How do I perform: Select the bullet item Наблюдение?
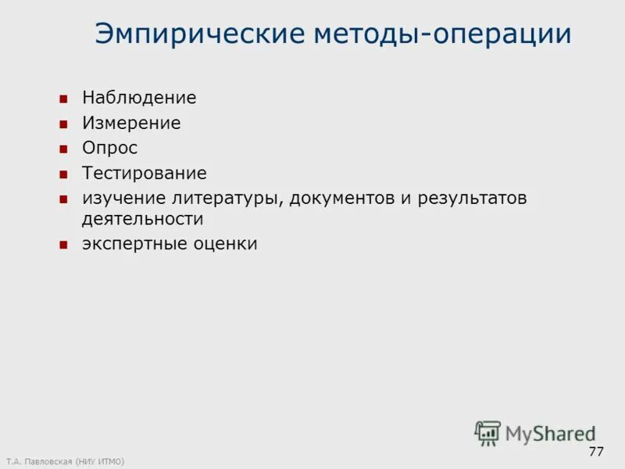click(139, 98)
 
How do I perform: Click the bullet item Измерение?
click(131, 124)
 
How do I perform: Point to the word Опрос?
click(109, 149)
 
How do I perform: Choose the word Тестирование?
click(145, 174)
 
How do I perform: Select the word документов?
click(341, 199)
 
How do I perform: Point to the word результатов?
click(473, 199)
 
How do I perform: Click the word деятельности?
click(143, 220)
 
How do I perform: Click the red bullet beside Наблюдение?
click(64, 99)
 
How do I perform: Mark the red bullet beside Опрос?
click(64, 149)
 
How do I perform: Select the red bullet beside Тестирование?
click(64, 174)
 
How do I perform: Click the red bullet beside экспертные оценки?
click(64, 245)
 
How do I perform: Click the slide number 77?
click(596, 452)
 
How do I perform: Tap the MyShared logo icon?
click(487, 432)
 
